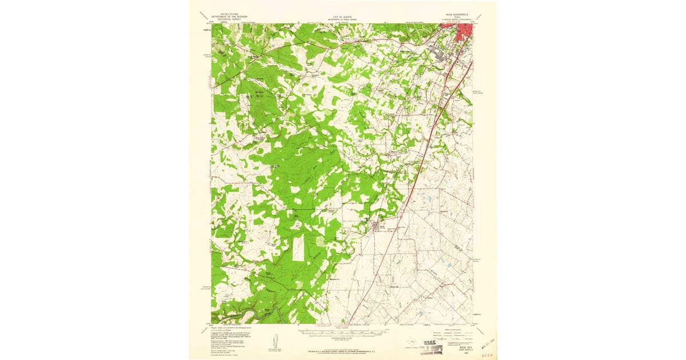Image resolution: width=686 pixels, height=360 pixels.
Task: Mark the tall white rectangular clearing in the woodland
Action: click(x=299, y=250)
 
